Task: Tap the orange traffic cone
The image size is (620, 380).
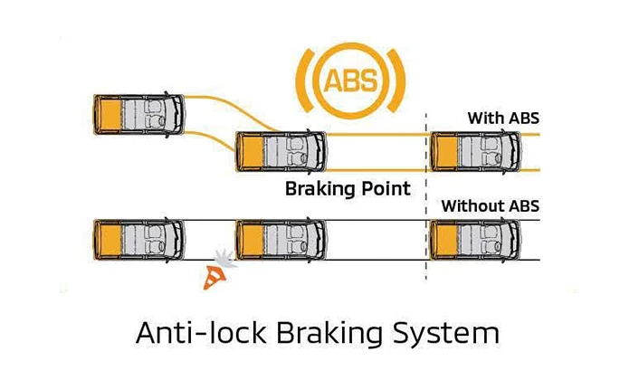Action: click(x=216, y=277)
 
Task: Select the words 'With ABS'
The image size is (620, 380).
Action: click(x=503, y=118)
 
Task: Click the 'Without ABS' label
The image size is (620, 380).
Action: click(x=490, y=206)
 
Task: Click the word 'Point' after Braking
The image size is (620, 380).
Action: click(x=384, y=190)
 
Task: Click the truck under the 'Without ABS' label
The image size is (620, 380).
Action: click(x=476, y=240)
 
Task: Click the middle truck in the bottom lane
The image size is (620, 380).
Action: click(x=281, y=240)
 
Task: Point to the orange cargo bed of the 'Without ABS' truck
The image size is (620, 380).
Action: click(x=445, y=240)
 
